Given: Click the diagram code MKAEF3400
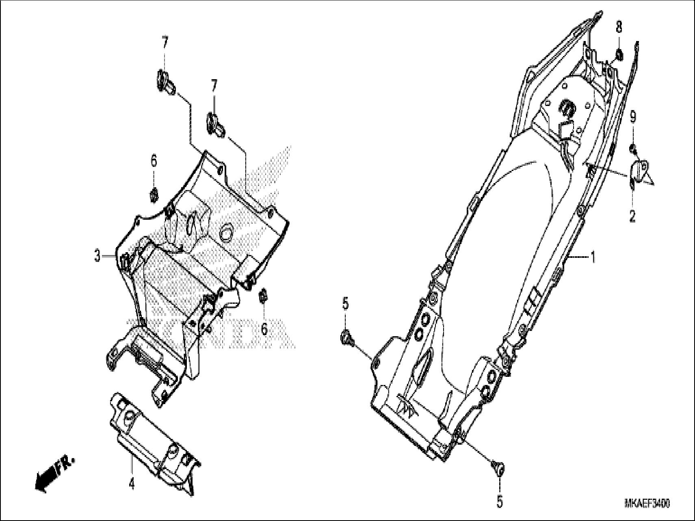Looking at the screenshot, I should click(647, 504).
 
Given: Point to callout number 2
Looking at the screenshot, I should click(632, 216).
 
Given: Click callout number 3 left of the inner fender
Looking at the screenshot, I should click(97, 257).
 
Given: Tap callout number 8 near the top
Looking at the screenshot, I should click(619, 28).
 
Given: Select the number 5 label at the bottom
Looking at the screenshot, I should click(499, 503).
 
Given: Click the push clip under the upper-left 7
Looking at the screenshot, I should click(165, 82).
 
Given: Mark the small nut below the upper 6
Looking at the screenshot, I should click(154, 195).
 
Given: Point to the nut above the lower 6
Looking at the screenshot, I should click(263, 296).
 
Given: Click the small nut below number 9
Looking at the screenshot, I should click(632, 148).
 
